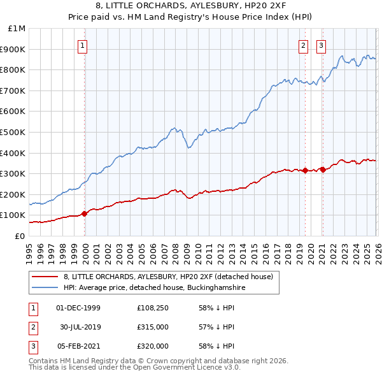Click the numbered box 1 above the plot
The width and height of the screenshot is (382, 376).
pos(83,45)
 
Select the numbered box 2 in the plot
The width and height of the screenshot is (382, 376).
pos(304,45)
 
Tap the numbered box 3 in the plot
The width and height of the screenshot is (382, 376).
pos(322,45)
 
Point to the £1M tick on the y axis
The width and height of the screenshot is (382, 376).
pos(17,28)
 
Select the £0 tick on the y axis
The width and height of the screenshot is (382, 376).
pos(20,236)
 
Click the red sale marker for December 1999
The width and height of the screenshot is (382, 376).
pos(85,213)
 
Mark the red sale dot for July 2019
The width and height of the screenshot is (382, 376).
pos(305,170)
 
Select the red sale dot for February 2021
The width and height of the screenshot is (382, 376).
pos(322,170)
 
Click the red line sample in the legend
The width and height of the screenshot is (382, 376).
pos(45,277)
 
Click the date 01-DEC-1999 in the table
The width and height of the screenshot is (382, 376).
pos(78,308)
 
